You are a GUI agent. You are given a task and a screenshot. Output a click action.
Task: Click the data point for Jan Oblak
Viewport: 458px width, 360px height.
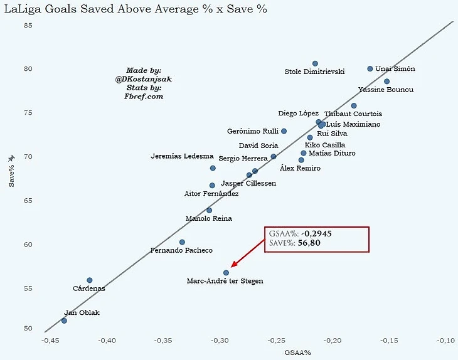tap(64, 320)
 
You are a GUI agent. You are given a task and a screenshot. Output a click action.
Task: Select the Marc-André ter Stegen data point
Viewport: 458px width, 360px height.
tap(226, 273)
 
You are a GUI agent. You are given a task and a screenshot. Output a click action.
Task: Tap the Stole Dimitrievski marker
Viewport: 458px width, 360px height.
tap(315, 63)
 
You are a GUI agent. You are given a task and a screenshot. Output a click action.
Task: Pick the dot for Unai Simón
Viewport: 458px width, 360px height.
tap(370, 69)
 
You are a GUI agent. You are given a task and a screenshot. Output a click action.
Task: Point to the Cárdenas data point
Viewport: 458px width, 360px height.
tap(90, 280)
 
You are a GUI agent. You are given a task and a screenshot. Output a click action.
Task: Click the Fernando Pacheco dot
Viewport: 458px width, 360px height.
tap(182, 242)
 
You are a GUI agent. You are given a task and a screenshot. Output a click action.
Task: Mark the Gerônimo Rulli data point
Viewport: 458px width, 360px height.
tap(284, 131)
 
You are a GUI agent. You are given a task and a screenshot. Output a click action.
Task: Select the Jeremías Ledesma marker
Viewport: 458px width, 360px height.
tap(213, 168)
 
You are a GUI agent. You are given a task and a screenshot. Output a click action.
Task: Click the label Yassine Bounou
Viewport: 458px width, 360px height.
tap(386, 90)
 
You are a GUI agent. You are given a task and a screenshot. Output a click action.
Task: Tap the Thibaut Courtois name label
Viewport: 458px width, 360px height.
tap(353, 114)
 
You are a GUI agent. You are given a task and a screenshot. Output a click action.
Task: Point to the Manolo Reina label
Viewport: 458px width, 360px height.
tap(209, 219)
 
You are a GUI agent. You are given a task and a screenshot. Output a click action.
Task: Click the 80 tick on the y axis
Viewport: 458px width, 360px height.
tap(28, 69)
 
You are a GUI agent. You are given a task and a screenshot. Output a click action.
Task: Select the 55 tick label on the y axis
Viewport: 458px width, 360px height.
tap(28, 289)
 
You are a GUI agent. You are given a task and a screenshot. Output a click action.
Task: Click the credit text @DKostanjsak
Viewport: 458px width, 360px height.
tap(144, 79)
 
